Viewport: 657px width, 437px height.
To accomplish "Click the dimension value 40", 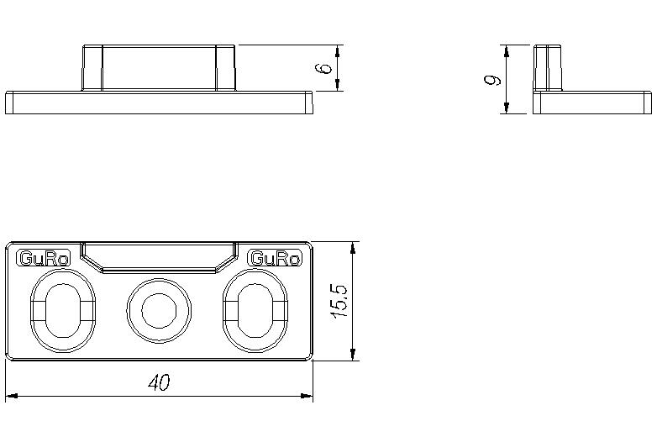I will [159, 383].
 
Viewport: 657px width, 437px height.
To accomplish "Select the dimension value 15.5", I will [339, 301].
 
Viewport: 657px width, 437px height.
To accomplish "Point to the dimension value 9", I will [493, 80].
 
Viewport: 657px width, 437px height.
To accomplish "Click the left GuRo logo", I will [43, 259].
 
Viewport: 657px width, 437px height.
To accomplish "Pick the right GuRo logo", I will [275, 259].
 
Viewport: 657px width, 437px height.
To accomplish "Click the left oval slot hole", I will [63, 311].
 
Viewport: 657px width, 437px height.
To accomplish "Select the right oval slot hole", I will [254, 311].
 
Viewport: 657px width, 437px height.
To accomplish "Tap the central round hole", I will [158, 310].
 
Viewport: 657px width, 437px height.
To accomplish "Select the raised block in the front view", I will [159, 67].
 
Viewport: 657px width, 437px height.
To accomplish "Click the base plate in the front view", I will [159, 103].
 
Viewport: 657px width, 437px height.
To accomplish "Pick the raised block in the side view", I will [548, 67].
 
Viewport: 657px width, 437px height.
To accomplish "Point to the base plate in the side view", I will [591, 103].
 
